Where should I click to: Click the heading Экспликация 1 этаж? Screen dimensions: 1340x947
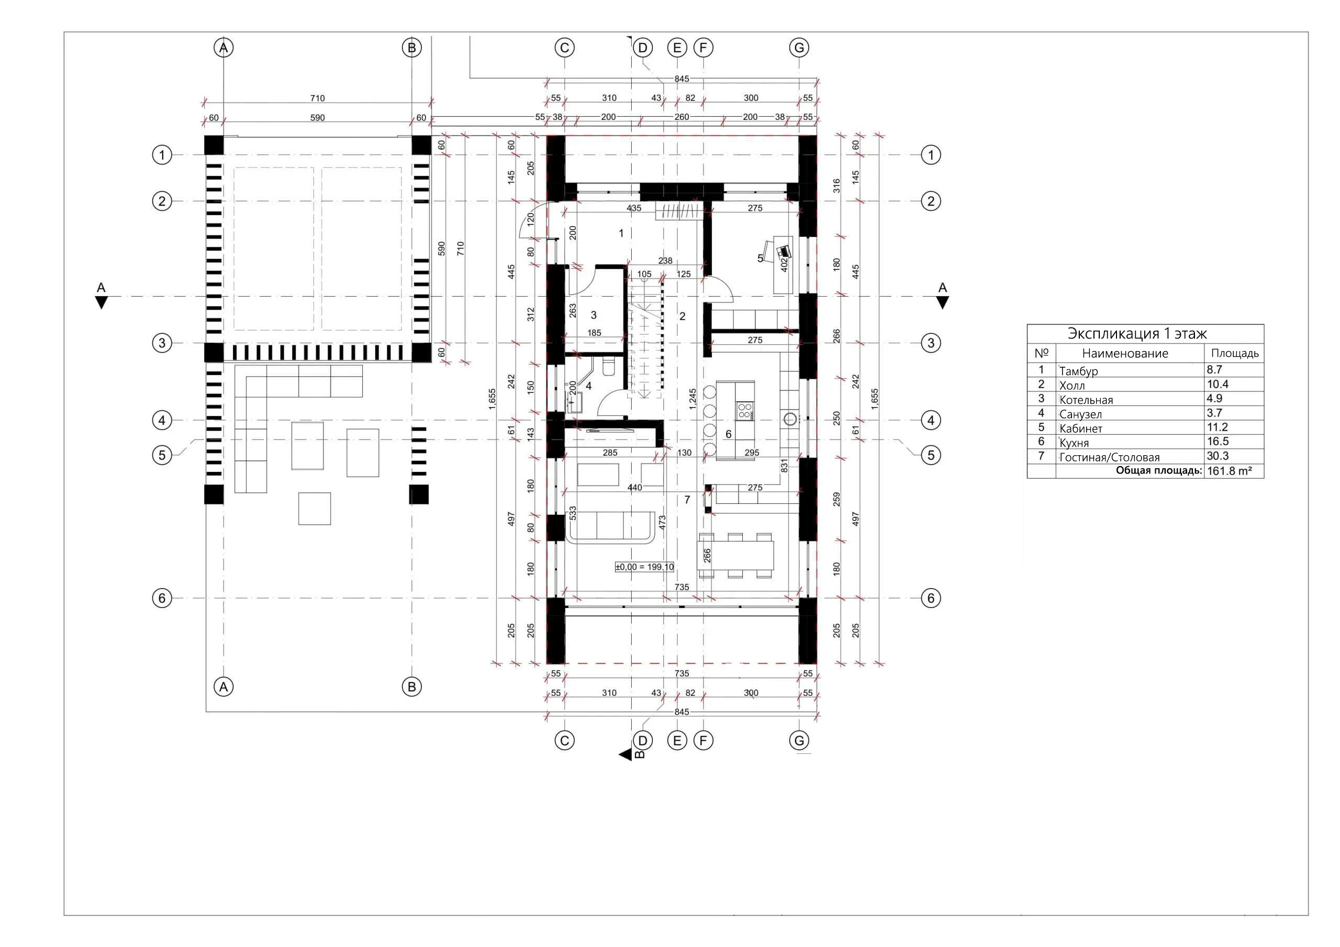click(x=1137, y=333)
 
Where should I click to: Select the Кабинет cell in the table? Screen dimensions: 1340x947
click(x=1081, y=429)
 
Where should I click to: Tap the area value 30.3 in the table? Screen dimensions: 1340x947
click(x=1218, y=456)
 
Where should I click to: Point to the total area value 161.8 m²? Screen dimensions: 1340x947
click(x=1229, y=471)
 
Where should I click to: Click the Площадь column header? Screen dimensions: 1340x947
click(x=1234, y=353)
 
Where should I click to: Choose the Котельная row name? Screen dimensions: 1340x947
click(x=1086, y=400)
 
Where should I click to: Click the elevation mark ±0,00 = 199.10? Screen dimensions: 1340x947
click(x=644, y=567)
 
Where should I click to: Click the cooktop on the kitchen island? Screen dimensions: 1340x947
click(x=744, y=410)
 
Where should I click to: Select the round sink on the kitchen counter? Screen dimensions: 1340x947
click(x=790, y=419)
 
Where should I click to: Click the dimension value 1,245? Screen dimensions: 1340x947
click(x=693, y=400)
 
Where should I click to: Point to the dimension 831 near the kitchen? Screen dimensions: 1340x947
click(x=784, y=465)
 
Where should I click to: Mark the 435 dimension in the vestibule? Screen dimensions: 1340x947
click(x=634, y=208)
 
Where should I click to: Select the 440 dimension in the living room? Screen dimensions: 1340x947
click(x=634, y=488)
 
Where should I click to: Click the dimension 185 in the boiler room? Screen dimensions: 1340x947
click(x=594, y=333)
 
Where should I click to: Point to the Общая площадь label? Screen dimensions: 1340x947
click(x=1158, y=470)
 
